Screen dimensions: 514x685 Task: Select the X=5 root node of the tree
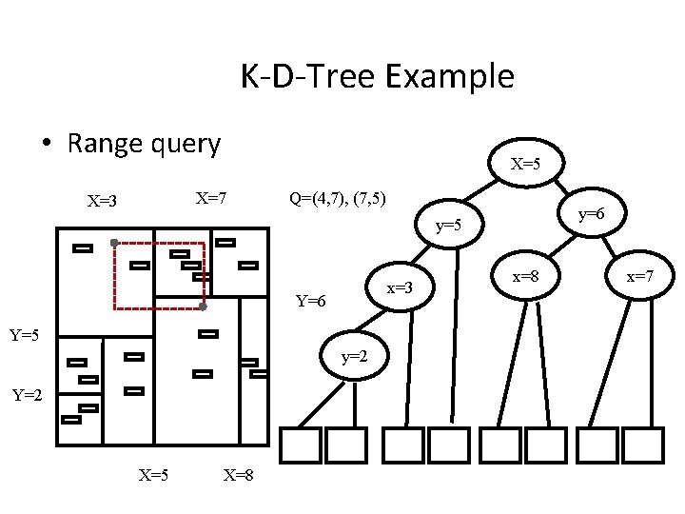pyautogui.click(x=525, y=164)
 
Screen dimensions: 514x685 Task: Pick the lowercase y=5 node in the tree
pyautogui.click(x=449, y=227)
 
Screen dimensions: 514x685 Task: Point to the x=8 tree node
pyautogui.click(x=526, y=276)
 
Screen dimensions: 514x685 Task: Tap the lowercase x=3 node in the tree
pyautogui.click(x=398, y=287)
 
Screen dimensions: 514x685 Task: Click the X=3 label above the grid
pyautogui.click(x=103, y=201)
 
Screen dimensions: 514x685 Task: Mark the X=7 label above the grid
pyautogui.click(x=210, y=198)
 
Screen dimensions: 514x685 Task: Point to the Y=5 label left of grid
pyautogui.click(x=24, y=335)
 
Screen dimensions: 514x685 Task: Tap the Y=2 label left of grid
pyautogui.click(x=27, y=394)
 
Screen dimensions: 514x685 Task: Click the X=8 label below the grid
pyautogui.click(x=237, y=474)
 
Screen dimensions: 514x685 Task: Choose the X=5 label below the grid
pyautogui.click(x=154, y=474)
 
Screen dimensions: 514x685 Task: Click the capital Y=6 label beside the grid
pyautogui.click(x=311, y=302)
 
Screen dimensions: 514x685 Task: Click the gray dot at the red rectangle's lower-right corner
pyautogui.click(x=203, y=306)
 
